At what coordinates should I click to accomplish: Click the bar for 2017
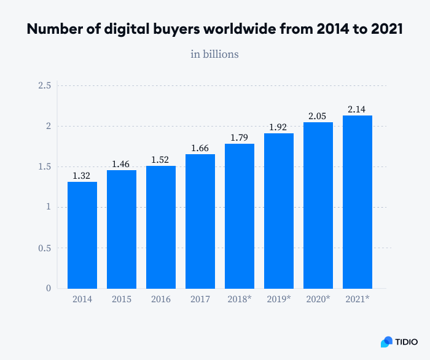200,221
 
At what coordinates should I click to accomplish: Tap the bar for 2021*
358,202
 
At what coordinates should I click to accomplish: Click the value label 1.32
82,176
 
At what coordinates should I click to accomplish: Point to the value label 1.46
122,164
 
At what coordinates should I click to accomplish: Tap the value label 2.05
318,116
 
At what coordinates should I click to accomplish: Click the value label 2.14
358,109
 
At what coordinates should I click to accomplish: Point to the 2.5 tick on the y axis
44,85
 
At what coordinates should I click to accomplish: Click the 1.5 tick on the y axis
44,166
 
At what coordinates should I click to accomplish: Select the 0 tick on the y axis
48,288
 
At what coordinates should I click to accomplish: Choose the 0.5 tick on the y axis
44,248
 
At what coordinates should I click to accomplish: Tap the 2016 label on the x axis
161,299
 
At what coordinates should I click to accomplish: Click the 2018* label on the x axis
240,299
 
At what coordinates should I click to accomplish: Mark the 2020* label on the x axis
318,299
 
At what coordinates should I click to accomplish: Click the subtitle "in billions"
214,54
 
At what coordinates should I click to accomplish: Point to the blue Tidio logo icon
386,342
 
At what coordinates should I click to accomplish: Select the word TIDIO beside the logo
407,342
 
